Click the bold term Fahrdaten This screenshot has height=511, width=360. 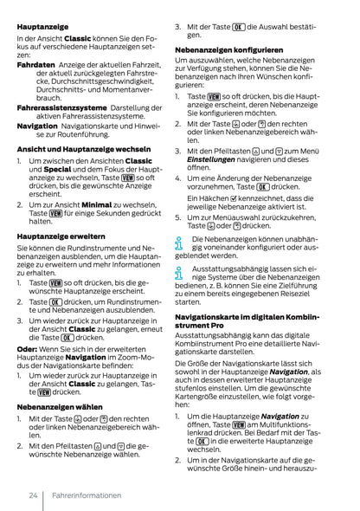pyautogui.click(x=35, y=65)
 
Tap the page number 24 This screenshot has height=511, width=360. pyautogui.click(x=32, y=495)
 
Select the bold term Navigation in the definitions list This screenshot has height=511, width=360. pyautogui.click(x=37, y=125)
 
